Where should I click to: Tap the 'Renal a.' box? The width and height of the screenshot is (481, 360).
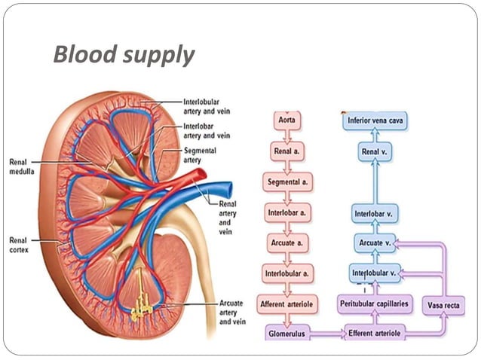click(286, 151)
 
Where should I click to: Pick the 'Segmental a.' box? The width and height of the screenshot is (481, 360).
click(286, 182)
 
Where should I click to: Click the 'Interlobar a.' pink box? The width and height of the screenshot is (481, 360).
click(286, 213)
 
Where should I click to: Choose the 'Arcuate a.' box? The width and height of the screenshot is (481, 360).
click(286, 244)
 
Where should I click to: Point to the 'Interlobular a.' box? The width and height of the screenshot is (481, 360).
click(286, 272)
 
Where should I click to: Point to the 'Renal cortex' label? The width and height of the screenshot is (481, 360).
click(20, 245)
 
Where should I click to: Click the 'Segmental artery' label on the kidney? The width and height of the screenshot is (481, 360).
click(201, 155)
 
